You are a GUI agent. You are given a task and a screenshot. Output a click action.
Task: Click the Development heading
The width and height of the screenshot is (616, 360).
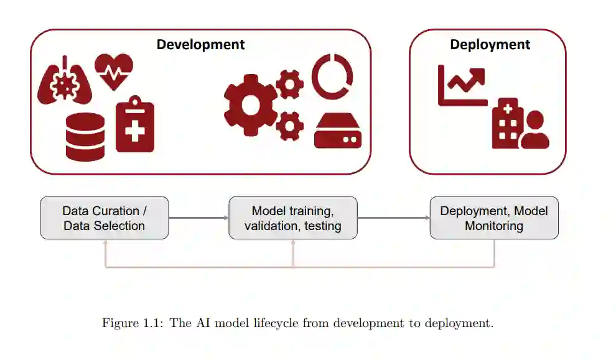[200, 45]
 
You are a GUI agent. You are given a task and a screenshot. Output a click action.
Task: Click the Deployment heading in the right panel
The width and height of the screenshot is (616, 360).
[490, 45]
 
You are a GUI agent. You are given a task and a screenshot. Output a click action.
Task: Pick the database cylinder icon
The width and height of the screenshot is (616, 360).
[85, 137]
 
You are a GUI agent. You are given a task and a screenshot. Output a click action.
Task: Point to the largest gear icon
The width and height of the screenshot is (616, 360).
[250, 104]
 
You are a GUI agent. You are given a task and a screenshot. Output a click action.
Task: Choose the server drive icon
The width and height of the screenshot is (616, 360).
[338, 131]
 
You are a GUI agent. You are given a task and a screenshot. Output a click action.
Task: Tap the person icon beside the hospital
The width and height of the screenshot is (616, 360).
[535, 130]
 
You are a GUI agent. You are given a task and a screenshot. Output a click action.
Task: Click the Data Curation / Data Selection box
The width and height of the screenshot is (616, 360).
[105, 218]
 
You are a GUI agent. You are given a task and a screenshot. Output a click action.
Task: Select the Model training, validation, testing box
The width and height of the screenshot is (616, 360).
[292, 218]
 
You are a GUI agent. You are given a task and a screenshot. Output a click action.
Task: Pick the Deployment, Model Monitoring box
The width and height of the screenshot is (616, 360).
[494, 218]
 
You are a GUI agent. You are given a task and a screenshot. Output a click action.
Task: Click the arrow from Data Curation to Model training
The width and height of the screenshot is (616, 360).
[198, 218]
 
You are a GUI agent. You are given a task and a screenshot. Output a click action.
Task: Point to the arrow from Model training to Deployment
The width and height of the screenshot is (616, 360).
[393, 218]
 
